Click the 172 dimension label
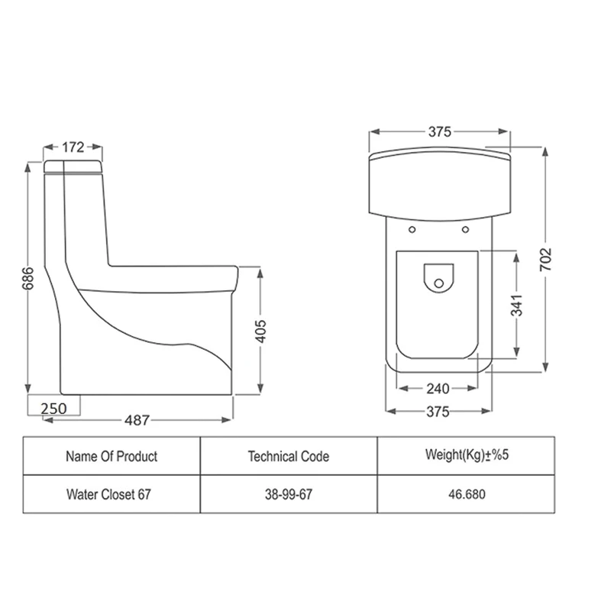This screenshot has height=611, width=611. (73, 147)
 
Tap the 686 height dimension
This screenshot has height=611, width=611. (28, 279)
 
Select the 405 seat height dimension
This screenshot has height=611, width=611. (260, 331)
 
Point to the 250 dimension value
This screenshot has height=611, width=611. (53, 409)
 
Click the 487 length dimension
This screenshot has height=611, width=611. (137, 420)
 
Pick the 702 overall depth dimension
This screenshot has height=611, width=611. (546, 259)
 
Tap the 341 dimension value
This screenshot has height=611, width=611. (517, 305)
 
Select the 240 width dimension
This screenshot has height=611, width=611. (438, 389)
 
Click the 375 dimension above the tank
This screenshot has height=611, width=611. (440, 131)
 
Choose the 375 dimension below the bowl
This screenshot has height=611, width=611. (438, 412)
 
